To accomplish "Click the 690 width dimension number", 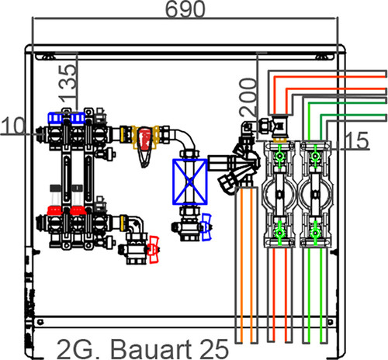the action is (x=185, y=9).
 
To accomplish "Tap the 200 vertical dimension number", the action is (x=248, y=97).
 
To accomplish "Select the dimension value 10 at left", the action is (x=13, y=125).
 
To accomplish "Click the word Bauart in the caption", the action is (x=151, y=348).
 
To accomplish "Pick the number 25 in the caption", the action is (x=215, y=348).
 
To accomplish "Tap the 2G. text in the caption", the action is (x=78, y=349).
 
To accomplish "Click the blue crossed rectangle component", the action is (x=190, y=182).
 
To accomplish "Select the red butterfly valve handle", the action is (x=153, y=249).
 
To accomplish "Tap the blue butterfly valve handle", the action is (x=206, y=227).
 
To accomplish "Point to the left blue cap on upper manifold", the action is (x=55, y=118).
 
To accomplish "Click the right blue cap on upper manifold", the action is (x=78, y=118).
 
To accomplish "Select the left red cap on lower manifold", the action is (x=54, y=210).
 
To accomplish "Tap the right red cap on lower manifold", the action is (x=78, y=210).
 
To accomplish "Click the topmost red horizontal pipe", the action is (x=330, y=77).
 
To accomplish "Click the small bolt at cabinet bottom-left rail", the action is (x=40, y=322).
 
